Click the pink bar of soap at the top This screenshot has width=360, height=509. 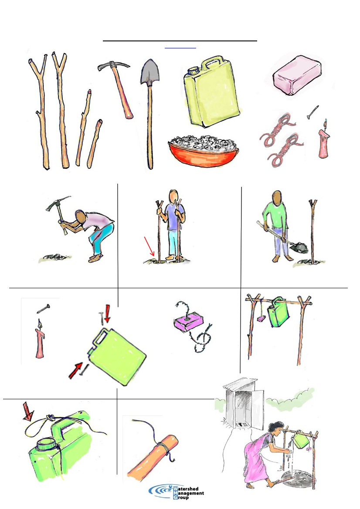[x=297, y=75]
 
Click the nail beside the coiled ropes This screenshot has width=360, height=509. [x=313, y=112]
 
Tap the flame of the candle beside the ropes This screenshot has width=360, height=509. [x=325, y=123]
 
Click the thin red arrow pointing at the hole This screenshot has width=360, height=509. [x=149, y=246]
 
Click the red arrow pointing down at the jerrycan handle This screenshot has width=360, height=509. [x=107, y=315]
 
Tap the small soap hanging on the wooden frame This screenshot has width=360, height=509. [x=261, y=319]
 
